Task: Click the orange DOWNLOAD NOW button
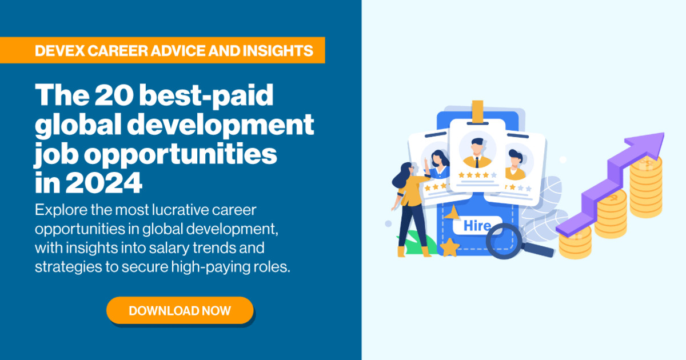point(180,311)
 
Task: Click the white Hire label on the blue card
point(476,225)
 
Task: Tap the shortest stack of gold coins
point(574,243)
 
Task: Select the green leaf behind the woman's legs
point(430,243)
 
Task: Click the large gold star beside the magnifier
point(450,246)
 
